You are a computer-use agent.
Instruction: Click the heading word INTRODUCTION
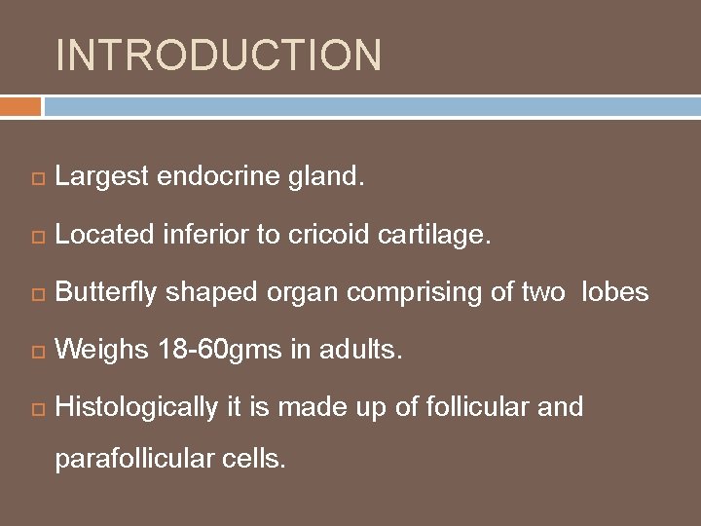tap(219, 56)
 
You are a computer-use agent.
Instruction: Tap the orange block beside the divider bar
tap(20, 105)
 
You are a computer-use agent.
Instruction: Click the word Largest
tap(101, 177)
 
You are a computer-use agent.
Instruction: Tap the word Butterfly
tap(106, 292)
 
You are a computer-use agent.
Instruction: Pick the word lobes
tap(614, 292)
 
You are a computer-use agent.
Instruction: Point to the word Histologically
tap(136, 407)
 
